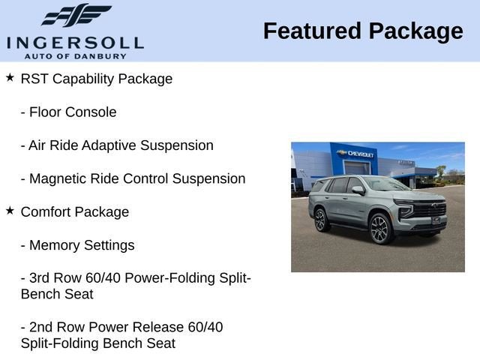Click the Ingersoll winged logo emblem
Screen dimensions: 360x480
pos(76,15)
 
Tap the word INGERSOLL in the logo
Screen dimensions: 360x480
pos(75,42)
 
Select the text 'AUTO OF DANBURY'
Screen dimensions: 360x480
pos(75,55)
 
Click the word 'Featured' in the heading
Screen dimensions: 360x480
pos(312,31)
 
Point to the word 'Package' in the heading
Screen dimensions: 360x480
pos(415,31)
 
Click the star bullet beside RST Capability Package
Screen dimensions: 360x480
pos(10,78)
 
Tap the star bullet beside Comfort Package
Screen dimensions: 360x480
pos(10,211)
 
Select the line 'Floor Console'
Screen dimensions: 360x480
pos(73,112)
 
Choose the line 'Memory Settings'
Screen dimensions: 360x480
pos(82,245)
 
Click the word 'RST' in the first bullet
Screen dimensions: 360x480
pos(34,79)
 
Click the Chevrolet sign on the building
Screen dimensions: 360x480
pos(359,154)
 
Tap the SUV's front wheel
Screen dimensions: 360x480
pos(380,229)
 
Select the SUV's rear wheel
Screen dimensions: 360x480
pos(320,220)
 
